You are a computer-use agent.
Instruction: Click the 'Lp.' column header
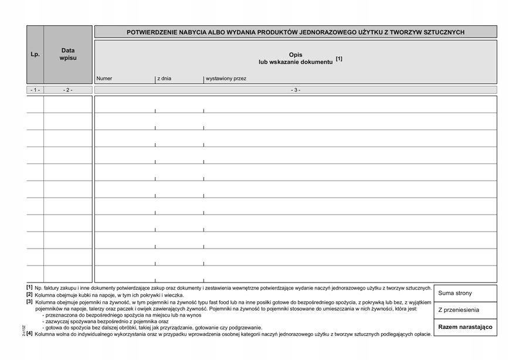(35, 55)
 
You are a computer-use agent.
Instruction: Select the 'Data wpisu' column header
(68, 55)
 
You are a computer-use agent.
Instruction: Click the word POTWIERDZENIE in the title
(154, 32)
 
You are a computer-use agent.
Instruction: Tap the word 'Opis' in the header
(296, 55)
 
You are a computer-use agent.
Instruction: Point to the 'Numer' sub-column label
(104, 79)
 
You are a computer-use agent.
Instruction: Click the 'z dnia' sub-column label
(164, 79)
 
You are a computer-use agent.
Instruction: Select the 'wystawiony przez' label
(226, 79)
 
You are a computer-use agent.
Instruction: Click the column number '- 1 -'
(35, 90)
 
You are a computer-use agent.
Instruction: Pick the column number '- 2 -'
(68, 90)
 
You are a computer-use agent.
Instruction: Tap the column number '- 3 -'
(296, 90)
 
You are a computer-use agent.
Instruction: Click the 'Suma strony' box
(455, 293)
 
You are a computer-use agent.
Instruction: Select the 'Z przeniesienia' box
(459, 310)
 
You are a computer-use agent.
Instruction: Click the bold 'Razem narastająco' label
(465, 327)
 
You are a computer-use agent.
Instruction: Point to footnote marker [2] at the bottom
(29, 294)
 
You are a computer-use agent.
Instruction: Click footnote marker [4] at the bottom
(29, 334)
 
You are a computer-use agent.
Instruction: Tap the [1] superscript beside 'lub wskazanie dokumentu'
(339, 59)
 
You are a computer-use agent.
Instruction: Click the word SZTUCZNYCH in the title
(444, 32)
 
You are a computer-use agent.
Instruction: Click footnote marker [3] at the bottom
(29, 301)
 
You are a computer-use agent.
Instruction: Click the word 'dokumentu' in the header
(317, 62)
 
